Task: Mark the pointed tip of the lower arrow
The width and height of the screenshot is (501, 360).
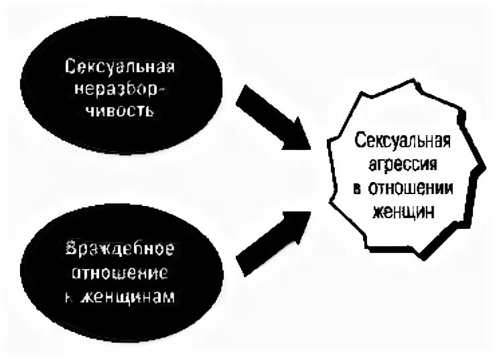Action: point(309,212)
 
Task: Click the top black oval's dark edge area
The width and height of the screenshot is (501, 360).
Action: point(40,87)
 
